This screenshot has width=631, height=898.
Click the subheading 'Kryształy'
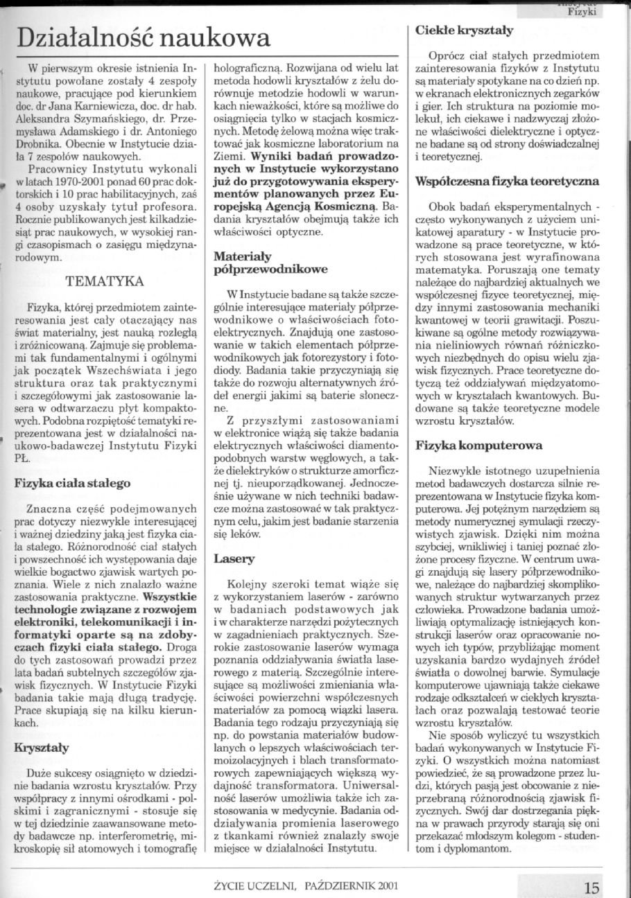point(42,748)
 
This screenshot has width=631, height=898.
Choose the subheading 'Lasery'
point(234,558)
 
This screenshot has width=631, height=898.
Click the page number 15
point(591,888)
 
